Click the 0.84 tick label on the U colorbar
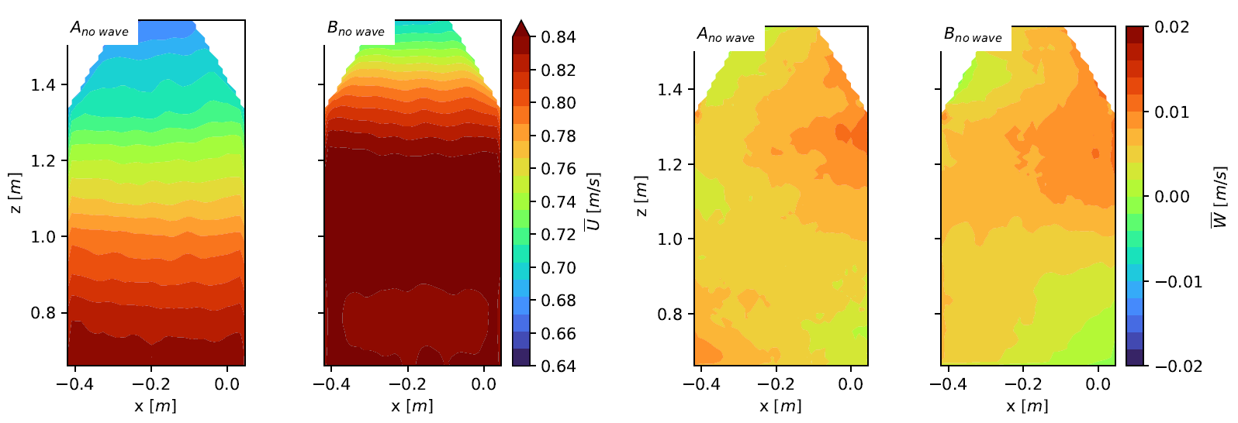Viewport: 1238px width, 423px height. pyautogui.click(x=558, y=37)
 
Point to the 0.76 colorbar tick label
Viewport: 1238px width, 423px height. pyautogui.click(x=558, y=169)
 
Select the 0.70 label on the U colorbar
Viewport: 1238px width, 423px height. pyautogui.click(x=558, y=268)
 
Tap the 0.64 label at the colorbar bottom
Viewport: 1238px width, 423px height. pyautogui.click(x=558, y=366)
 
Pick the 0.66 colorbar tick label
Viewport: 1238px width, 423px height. pyautogui.click(x=558, y=334)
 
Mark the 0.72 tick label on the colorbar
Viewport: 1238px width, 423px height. pyautogui.click(x=558, y=235)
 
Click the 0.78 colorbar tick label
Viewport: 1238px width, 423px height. pyautogui.click(x=558, y=136)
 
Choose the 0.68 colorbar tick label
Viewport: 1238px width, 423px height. pyautogui.click(x=558, y=301)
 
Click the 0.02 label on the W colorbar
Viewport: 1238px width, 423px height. pyautogui.click(x=1171, y=27)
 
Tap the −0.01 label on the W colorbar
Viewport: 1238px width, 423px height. pyautogui.click(x=1178, y=282)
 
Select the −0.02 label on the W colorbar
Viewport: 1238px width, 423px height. pyautogui.click(x=1178, y=366)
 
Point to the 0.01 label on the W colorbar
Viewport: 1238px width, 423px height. pyautogui.click(x=1171, y=112)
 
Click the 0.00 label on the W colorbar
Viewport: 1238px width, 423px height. pyautogui.click(x=1171, y=197)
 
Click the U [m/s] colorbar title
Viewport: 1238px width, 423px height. pyautogui.click(x=593, y=201)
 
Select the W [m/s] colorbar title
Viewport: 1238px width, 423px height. pyautogui.click(x=1219, y=197)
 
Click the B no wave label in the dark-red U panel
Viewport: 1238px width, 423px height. pyautogui.click(x=356, y=30)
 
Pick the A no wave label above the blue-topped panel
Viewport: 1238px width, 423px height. pyautogui.click(x=99, y=30)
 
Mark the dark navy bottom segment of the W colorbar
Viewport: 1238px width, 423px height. pyautogui.click(x=1136, y=358)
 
